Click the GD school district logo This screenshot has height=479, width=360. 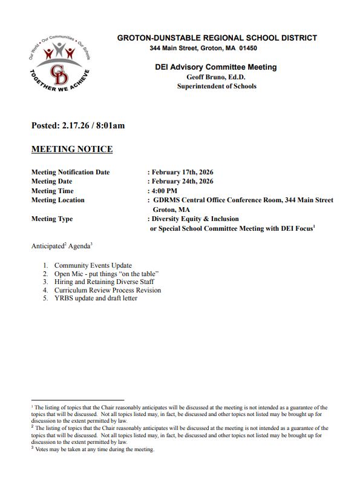59,65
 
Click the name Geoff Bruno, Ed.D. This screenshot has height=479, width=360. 216,77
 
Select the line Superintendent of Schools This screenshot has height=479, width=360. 216,86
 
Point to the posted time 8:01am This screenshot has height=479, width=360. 112,126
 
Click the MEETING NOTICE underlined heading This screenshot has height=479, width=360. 72,149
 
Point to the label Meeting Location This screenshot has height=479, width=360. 58,200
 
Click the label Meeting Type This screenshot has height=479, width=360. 52,219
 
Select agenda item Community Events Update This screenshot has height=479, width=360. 93,265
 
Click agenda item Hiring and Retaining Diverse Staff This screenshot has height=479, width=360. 104,282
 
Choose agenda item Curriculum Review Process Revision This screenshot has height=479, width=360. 108,290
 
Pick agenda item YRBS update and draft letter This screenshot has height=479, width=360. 96,298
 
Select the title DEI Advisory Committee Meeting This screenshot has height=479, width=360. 216,67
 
